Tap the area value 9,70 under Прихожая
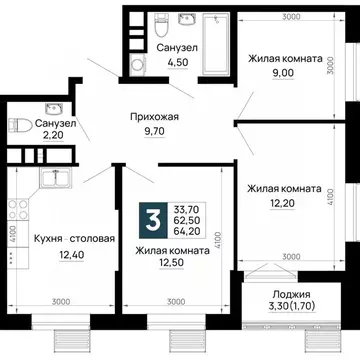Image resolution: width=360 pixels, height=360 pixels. coord(156,131)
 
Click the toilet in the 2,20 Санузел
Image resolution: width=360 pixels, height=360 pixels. coord(15,125)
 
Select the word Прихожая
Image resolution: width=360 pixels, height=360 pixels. coord(156,116)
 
